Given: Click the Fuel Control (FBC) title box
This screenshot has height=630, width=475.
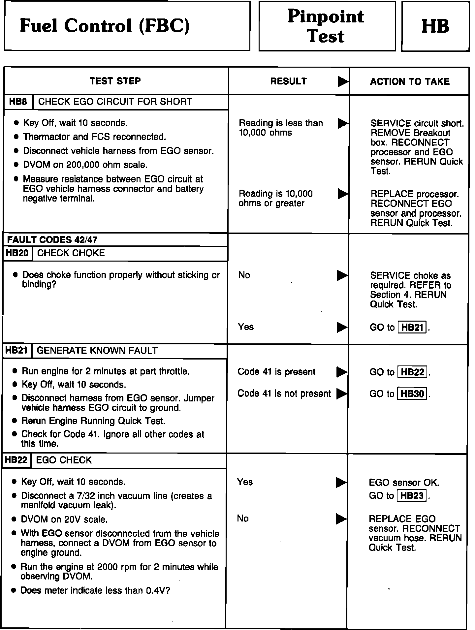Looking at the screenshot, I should coord(127,26).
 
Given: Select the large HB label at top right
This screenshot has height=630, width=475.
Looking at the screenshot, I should coord(435,26).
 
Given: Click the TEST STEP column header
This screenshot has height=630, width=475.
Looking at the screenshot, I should coord(115,81).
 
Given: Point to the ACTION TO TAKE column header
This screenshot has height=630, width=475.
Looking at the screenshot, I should coord(410,82).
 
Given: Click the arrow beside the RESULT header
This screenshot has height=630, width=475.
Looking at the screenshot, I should coord(343,82).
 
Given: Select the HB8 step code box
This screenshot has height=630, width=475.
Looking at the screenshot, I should coord(18,102).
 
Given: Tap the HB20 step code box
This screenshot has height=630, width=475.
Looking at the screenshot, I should coord(17,253).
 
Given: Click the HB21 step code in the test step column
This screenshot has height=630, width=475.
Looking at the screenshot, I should coord(17,351).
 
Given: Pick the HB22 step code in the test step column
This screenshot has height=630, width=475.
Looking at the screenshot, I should coord(16,460).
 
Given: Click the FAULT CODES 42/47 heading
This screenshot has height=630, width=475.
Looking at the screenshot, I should coord(52,240).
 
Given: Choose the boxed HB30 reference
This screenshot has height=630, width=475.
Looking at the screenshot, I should coord(412,394).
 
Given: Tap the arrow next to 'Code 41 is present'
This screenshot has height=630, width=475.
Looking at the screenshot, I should coord(341,372).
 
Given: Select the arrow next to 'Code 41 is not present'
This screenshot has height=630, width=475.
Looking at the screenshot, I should coord(341,394).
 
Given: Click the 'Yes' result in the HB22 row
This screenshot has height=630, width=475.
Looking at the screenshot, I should coord(245,482).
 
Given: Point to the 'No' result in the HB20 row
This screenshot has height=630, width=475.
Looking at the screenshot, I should coord(244,275).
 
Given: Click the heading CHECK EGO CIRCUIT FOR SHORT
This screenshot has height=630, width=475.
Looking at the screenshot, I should coord(115,102).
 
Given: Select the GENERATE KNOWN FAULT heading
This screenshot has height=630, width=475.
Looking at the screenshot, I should coord(97,351).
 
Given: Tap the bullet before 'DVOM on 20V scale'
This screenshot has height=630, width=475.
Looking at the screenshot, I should coord(14,520).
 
